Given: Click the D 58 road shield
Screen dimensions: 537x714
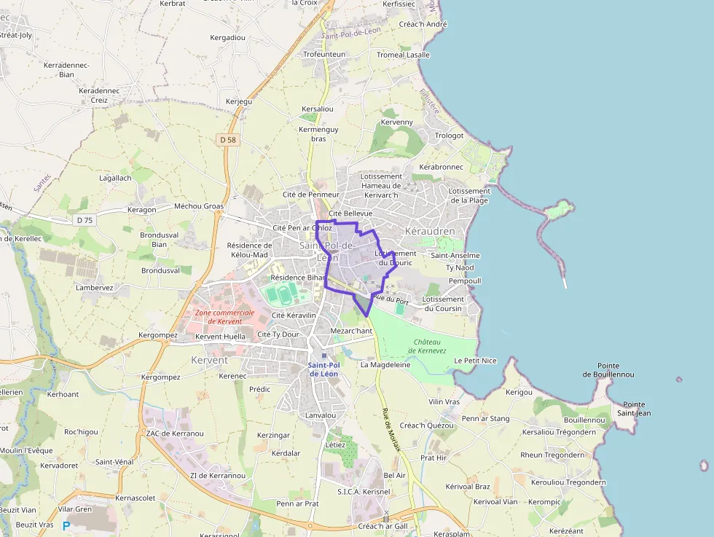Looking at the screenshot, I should [228, 139].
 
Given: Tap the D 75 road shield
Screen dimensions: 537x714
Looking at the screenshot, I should [85, 219].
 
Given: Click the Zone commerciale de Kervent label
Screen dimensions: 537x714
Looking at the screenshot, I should [224, 317].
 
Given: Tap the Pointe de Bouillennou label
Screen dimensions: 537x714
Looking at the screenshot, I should [608, 370].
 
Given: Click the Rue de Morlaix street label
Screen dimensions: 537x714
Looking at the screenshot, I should [391, 429].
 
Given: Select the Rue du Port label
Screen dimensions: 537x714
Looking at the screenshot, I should [391, 297].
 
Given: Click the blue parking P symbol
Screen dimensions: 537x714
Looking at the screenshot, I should [66, 525].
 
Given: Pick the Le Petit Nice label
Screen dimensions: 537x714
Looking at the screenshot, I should [474, 361].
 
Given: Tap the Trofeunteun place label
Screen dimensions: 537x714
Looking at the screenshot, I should [324, 55].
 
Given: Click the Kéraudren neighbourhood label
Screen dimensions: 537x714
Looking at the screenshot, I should [429, 232].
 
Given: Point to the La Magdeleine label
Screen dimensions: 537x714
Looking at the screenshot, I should [385, 364].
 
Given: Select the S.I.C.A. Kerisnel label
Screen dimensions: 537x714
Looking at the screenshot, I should [364, 492].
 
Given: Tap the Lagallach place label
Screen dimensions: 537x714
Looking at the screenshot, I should [115, 178].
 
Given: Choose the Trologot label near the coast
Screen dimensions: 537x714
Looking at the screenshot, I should [449, 136].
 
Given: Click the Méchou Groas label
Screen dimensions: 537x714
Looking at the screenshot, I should [199, 206].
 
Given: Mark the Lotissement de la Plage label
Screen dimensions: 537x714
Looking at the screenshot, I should [469, 195].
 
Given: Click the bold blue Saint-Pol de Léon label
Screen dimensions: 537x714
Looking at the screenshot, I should [324, 369].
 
